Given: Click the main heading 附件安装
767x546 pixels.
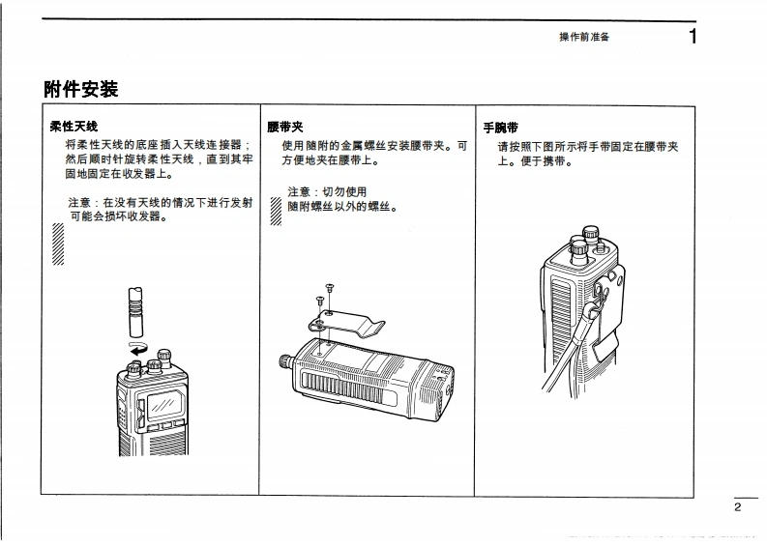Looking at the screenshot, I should (81, 90).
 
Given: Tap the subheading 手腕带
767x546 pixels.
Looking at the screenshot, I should (501, 127).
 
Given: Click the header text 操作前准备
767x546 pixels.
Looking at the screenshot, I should (584, 37).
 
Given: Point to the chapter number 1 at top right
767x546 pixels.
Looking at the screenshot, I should (693, 37).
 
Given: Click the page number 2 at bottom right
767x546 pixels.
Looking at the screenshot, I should (737, 506).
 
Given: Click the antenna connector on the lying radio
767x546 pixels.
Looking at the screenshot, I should (286, 361).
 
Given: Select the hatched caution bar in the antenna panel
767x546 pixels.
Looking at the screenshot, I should (58, 245).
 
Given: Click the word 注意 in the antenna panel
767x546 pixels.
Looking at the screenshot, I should (80, 203).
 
